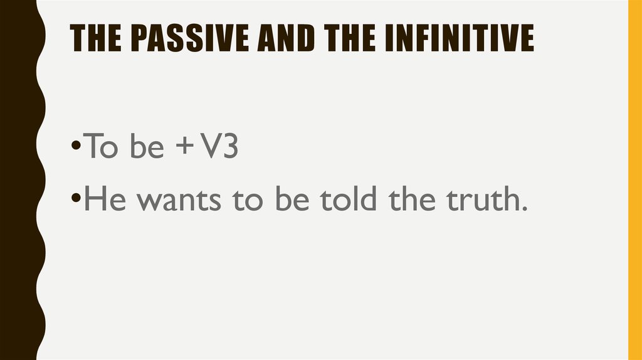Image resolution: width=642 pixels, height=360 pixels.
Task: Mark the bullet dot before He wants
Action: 75,200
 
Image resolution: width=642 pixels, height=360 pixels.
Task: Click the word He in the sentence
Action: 100,199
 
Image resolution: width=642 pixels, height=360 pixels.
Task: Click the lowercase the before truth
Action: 411,199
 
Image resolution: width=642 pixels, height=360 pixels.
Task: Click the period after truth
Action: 519,209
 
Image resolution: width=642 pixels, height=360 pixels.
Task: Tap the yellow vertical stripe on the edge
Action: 634,180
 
